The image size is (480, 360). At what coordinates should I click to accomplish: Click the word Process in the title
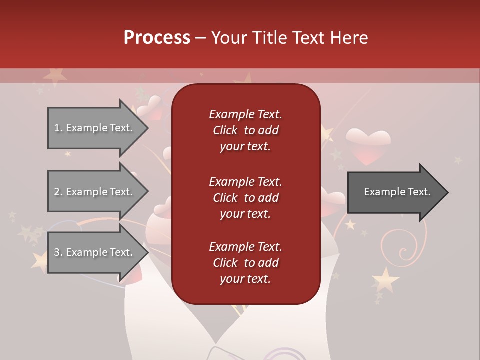click(157, 38)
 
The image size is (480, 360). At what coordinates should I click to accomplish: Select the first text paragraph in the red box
click(245, 130)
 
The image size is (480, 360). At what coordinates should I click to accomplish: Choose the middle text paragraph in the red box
click(245, 198)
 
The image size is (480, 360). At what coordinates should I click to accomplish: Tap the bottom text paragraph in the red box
click(245, 263)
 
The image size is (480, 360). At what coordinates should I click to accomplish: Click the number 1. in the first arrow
click(58, 128)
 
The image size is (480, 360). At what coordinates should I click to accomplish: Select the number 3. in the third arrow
click(58, 252)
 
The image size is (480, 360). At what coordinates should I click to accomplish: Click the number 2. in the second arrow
click(58, 192)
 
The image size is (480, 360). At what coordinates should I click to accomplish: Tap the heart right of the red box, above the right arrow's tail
click(332, 200)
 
